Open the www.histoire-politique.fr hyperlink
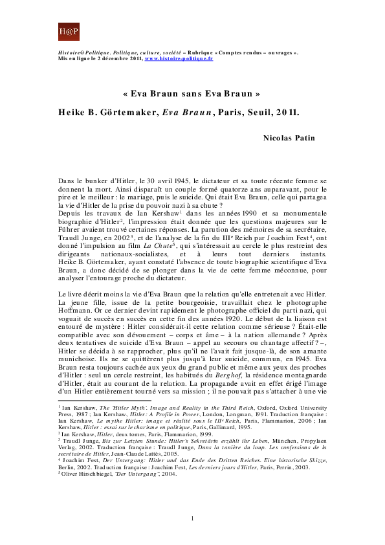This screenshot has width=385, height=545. click(179, 58)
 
